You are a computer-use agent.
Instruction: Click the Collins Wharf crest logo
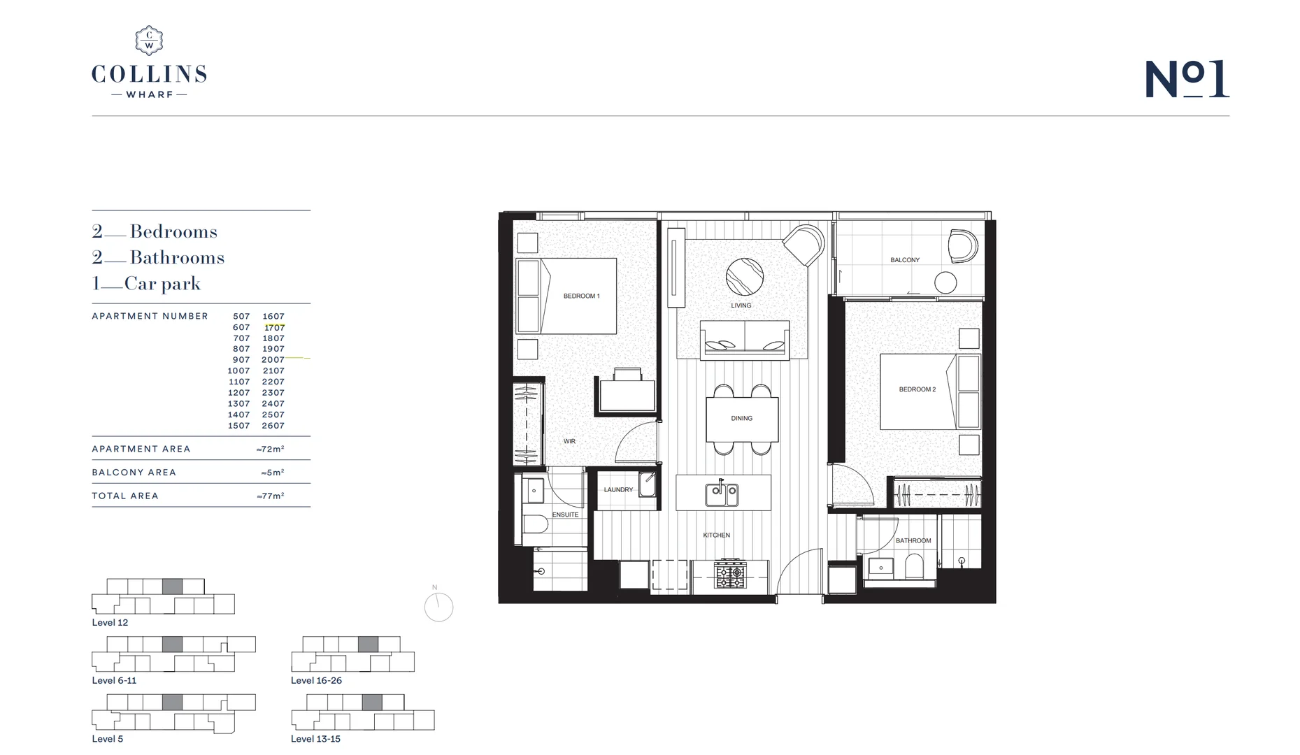(149, 41)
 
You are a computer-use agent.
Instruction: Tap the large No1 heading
(1187, 78)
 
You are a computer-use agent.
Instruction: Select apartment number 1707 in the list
(274, 327)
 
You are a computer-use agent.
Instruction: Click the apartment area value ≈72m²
(271, 449)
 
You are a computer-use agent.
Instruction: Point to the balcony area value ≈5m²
(273, 473)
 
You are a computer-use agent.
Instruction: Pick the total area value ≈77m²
(271, 496)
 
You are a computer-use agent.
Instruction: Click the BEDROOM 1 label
(581, 296)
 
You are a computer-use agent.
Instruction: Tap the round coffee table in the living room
(744, 277)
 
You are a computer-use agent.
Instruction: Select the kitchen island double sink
(722, 494)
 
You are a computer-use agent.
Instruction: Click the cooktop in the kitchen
(729, 575)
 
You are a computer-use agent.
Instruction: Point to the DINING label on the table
(741, 418)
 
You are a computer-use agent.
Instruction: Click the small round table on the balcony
(945, 282)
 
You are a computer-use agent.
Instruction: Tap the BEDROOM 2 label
(917, 389)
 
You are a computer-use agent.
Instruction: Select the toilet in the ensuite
(536, 524)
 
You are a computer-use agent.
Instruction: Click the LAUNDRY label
(618, 489)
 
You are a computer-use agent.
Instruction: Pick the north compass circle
(438, 607)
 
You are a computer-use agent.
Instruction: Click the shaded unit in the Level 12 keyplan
(172, 587)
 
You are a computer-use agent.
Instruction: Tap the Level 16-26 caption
(316, 680)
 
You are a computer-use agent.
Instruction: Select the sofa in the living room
(744, 339)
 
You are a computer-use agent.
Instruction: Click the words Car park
(162, 283)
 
